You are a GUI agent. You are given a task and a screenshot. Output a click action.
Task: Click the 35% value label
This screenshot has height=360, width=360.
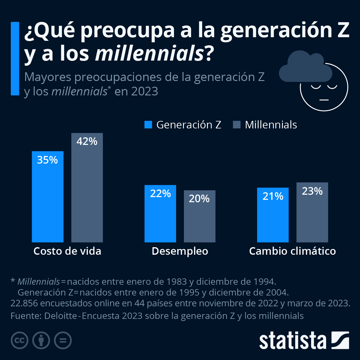[47, 160]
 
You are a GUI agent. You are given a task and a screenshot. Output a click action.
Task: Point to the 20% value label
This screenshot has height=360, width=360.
[199, 199]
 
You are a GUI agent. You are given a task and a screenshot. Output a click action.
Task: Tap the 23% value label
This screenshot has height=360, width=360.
[312, 191]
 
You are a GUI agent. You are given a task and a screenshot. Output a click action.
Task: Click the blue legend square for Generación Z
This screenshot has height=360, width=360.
[148, 125]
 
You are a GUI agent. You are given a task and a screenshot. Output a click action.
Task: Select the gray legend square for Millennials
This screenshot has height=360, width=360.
[237, 125]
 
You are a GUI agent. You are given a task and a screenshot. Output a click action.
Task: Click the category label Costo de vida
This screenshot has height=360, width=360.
[67, 251]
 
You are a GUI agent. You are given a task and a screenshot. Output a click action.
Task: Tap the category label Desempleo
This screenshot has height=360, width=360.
[180, 251]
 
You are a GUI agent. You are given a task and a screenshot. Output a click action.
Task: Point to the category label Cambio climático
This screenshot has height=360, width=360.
[292, 251]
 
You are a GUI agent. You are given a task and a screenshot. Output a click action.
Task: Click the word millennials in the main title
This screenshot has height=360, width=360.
[149, 54]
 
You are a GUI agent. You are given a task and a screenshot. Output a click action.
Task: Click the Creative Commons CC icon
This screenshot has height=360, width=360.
[19, 340]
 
